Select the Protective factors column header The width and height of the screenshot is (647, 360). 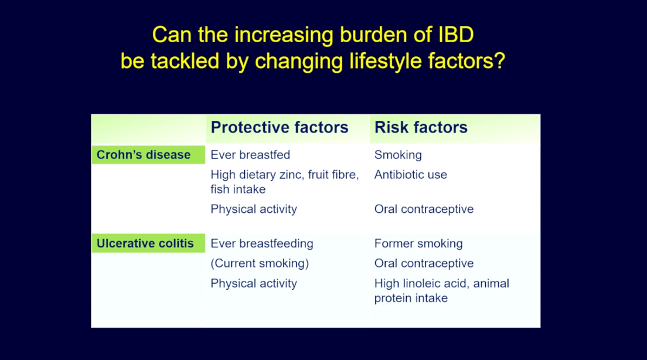(280, 128)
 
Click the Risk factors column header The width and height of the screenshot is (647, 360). (421, 128)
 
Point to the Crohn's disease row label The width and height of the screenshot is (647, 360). (144, 155)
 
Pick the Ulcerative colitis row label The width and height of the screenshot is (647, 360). (145, 243)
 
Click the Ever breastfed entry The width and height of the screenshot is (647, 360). (250, 155)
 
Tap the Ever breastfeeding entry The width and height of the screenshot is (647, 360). (262, 243)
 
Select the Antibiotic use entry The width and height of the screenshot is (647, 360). (411, 175)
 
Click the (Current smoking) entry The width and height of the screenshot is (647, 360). (260, 263)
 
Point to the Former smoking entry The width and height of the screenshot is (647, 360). (418, 243)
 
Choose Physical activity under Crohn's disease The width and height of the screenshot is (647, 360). (254, 209)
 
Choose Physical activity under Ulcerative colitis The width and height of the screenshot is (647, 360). (254, 283)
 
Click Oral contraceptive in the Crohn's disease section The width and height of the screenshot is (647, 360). (424, 209)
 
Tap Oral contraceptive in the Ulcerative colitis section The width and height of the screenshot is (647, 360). (424, 263)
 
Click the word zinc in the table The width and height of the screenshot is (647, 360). (291, 175)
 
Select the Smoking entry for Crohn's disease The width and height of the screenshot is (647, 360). (398, 155)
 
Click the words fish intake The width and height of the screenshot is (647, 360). (238, 189)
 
